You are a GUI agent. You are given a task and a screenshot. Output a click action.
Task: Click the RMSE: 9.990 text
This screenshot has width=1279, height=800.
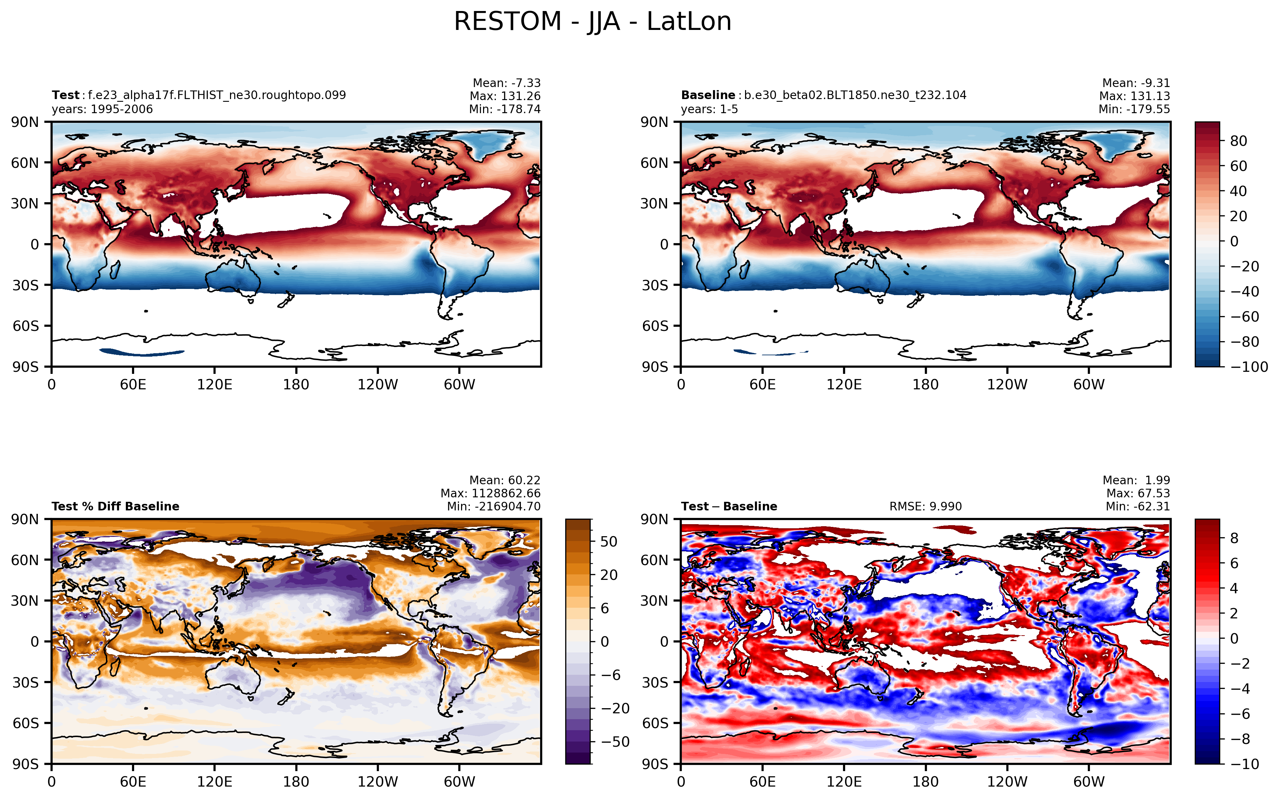pos(925,506)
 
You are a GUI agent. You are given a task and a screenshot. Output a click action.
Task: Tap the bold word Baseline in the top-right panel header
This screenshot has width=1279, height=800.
pos(708,95)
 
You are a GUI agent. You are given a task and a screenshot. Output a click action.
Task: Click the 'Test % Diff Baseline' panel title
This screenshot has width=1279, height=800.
pos(115,506)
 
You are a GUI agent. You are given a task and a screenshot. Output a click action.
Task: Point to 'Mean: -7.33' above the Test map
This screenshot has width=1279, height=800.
pos(507,83)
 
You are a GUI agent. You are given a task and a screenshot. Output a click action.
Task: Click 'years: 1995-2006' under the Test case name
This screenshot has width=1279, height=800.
pos(102,109)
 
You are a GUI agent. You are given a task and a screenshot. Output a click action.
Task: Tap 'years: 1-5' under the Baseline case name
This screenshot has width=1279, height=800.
pos(709,109)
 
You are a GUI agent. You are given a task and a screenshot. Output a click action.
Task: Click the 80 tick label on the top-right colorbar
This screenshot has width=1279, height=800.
pos(1239,141)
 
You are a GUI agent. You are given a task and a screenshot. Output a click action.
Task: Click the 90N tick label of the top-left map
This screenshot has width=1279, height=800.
pos(25,122)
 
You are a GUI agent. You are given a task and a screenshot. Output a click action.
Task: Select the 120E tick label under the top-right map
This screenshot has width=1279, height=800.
pos(844,385)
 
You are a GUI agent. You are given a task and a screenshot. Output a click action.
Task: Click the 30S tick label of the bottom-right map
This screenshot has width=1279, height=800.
pos(655,682)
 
